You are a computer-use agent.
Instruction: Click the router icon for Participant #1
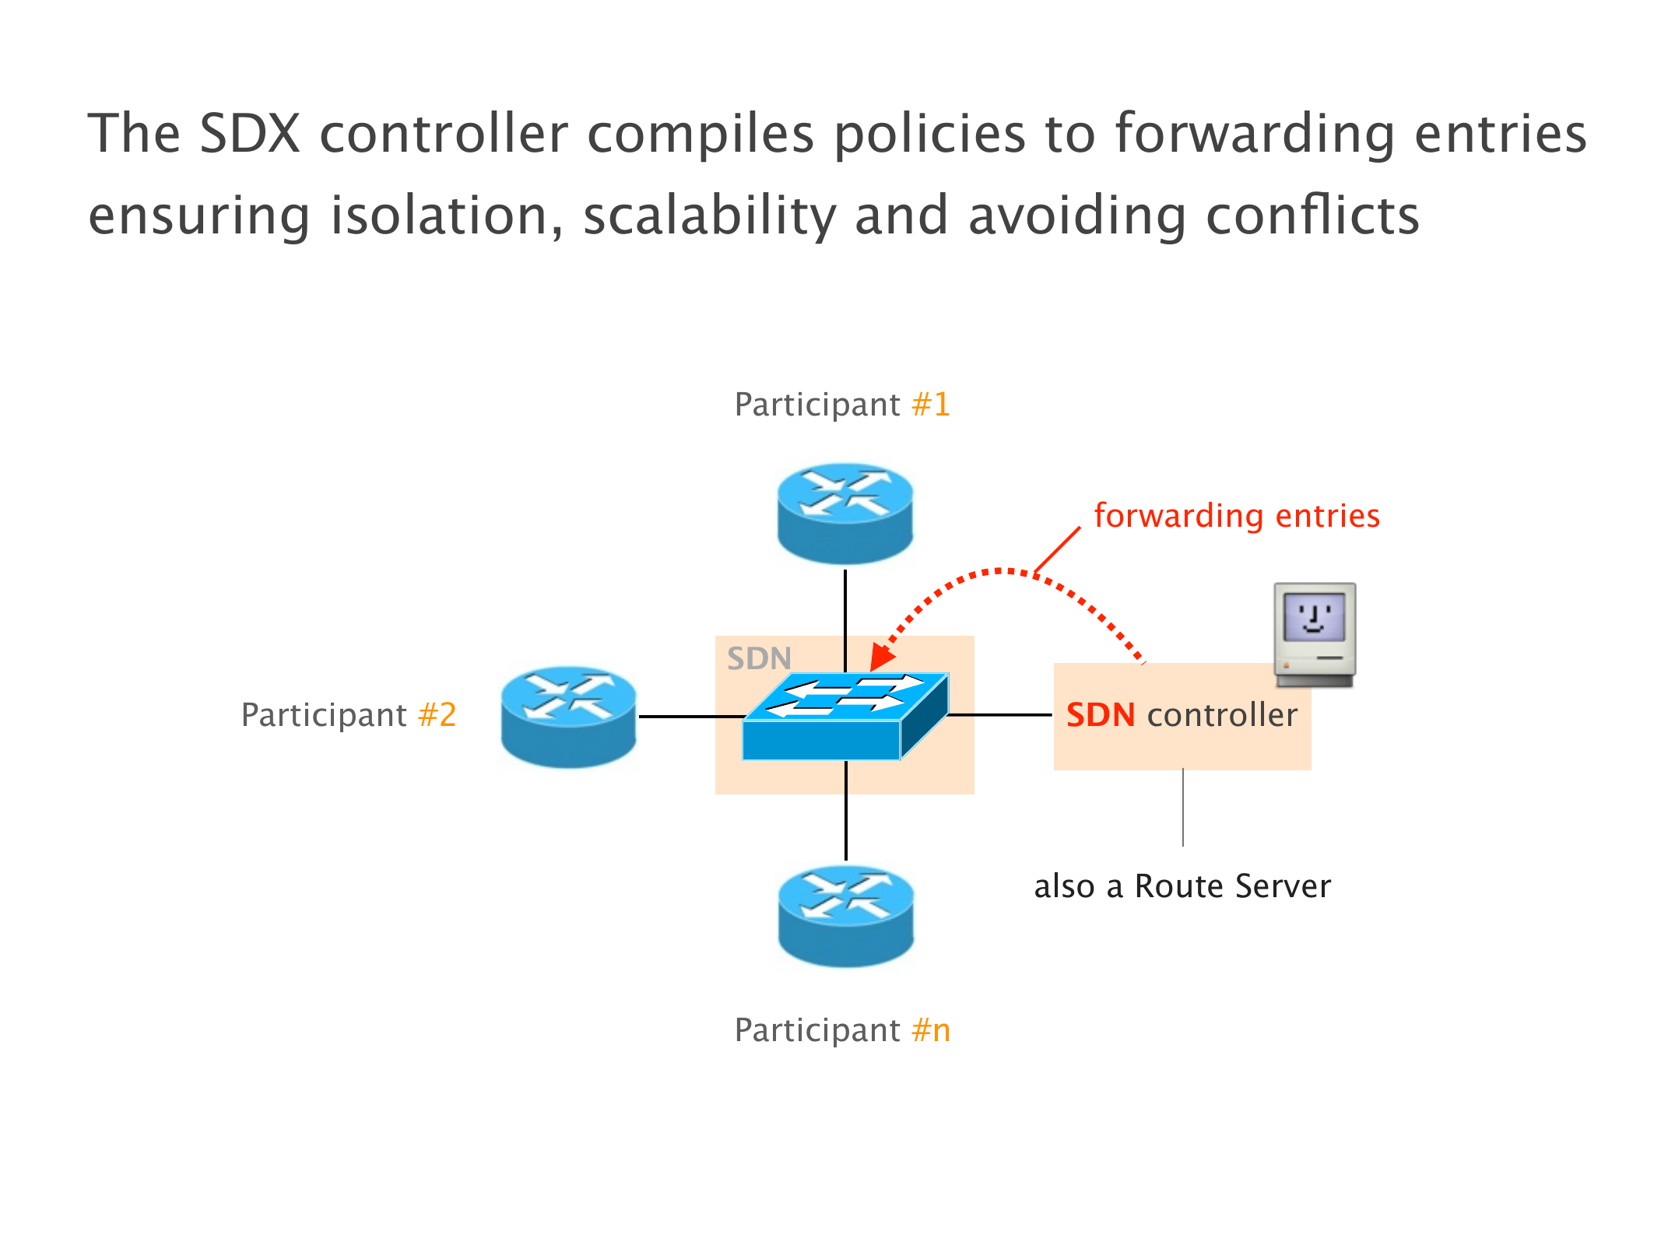click(x=845, y=513)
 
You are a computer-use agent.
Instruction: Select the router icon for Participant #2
click(x=568, y=717)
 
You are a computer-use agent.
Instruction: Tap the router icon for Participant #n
click(x=845, y=916)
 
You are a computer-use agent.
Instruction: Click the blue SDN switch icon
click(x=845, y=716)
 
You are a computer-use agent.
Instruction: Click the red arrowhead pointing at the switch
click(x=881, y=658)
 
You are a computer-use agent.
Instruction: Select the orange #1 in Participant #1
click(x=931, y=405)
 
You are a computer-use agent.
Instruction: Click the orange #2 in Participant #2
click(x=437, y=714)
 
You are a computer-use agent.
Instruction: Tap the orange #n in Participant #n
click(x=931, y=1030)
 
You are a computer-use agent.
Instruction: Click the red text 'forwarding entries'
click(x=1236, y=516)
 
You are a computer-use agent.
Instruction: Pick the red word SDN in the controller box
click(x=1100, y=715)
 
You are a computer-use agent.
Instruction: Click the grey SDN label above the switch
click(x=759, y=658)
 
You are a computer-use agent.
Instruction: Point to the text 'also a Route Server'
click(x=1182, y=886)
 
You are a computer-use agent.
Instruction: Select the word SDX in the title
click(x=250, y=134)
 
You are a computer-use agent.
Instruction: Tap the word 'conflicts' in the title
click(x=1312, y=216)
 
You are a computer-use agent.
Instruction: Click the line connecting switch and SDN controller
click(x=1001, y=714)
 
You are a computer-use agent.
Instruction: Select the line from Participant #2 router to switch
click(x=689, y=716)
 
